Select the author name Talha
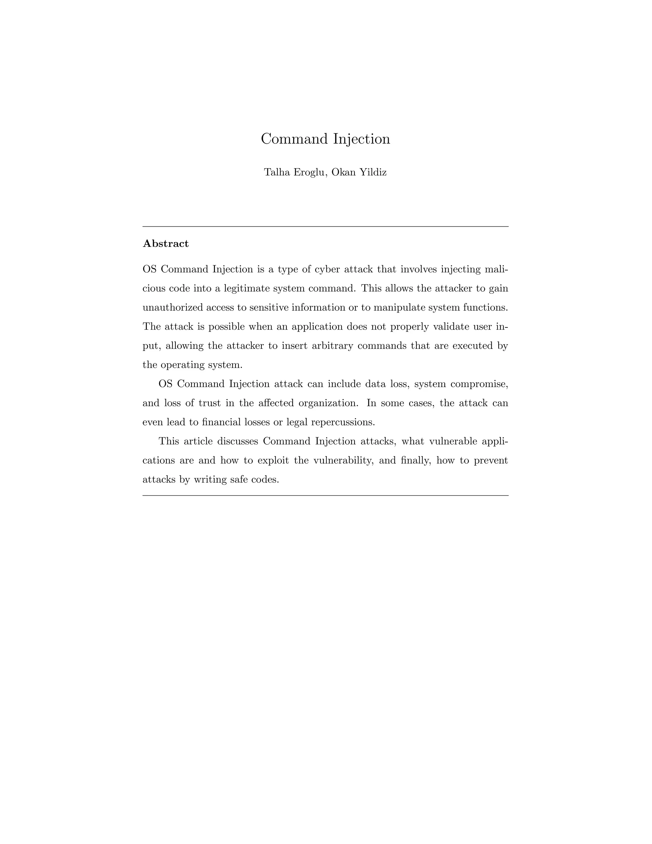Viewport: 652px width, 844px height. tap(277, 172)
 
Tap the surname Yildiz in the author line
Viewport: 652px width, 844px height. tap(373, 172)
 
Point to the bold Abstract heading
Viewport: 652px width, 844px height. tap(166, 244)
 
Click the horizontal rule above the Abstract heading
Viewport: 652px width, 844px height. tap(325, 227)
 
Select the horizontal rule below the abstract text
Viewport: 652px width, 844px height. tap(325, 496)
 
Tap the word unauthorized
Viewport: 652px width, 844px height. tap(172, 308)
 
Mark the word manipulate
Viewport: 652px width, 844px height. tap(399, 308)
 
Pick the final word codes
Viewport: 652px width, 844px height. tap(265, 480)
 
